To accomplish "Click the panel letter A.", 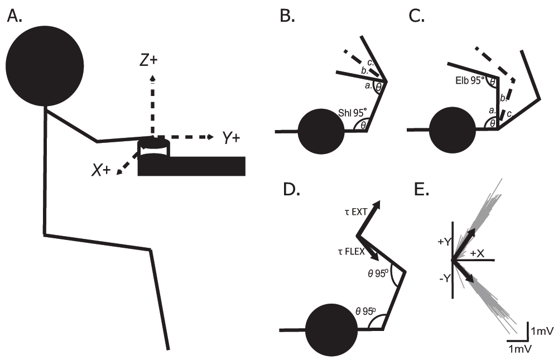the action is tap(15, 16).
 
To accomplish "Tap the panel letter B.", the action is tap(287, 16).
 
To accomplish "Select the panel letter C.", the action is tap(417, 16).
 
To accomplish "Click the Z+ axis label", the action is tap(148, 61).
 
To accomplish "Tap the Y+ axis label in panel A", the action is tap(231, 137).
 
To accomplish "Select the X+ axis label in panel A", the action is tap(100, 171).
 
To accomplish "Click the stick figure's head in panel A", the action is tap(45, 66).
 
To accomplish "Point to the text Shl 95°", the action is tap(353, 113).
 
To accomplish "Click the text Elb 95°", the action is tap(470, 80).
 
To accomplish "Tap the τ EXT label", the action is tap(355, 212).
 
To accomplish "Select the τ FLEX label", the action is tap(352, 252).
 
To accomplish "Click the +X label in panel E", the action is tap(477, 253).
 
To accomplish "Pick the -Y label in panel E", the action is tap(445, 279).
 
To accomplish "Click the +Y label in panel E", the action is tap(445, 242).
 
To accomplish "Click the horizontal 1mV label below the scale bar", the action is tap(520, 348).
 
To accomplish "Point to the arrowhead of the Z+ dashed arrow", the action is tap(153, 78).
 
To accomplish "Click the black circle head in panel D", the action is tap(331, 330).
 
